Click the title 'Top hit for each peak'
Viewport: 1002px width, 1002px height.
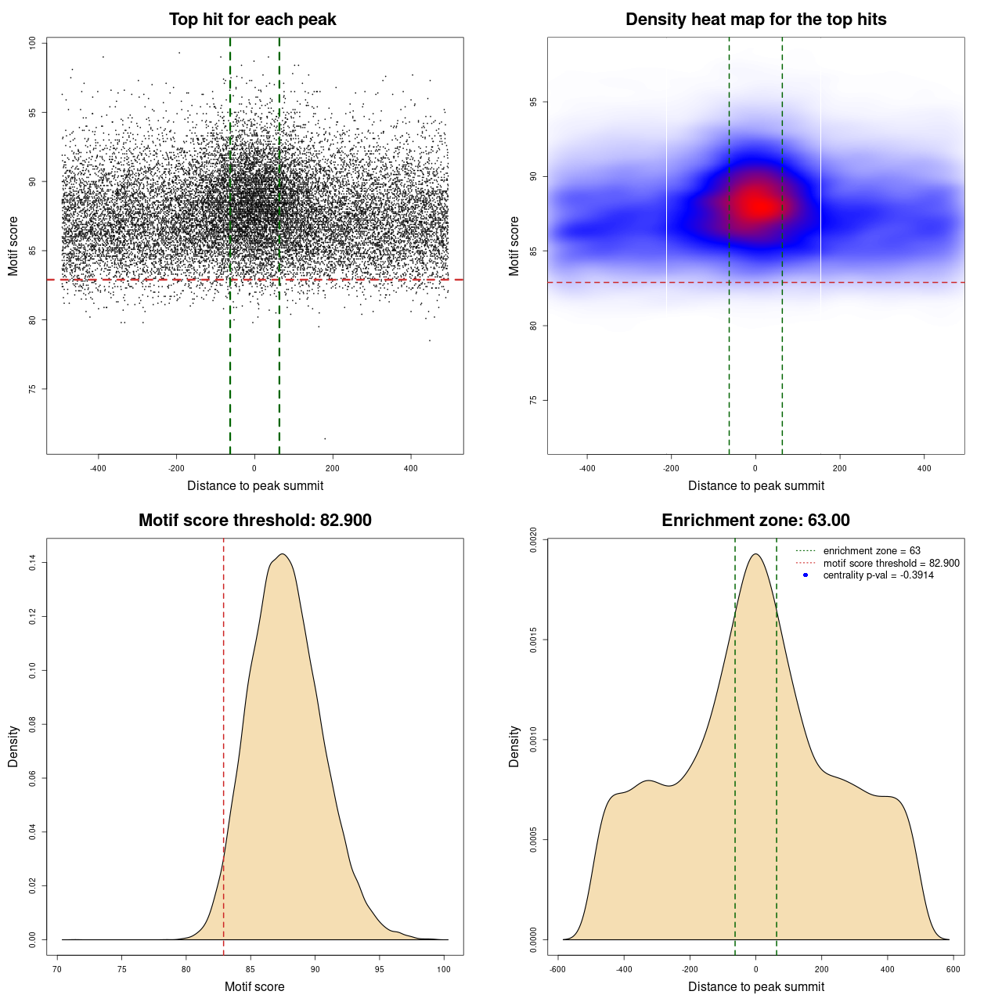(252, 20)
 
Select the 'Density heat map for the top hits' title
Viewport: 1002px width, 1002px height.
(755, 20)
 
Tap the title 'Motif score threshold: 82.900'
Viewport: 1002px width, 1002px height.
(254, 521)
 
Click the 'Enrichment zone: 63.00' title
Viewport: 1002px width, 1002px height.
(755, 521)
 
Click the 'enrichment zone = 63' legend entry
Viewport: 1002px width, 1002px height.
(871, 551)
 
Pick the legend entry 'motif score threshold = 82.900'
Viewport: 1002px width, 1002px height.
(891, 563)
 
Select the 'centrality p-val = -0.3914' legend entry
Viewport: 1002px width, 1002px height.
(878, 575)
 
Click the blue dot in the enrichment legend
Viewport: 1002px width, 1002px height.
(806, 575)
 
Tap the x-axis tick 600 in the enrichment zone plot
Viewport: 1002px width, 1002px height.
(953, 969)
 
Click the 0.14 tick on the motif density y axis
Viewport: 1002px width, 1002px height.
(32, 562)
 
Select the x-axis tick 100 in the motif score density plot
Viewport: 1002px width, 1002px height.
(444, 969)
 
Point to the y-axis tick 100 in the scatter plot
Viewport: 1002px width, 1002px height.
(32, 43)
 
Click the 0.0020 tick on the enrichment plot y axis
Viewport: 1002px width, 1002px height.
(533, 540)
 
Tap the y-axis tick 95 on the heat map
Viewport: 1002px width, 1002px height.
(533, 102)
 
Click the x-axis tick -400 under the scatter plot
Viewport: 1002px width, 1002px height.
(98, 468)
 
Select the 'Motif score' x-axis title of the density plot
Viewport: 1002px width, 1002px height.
(254, 986)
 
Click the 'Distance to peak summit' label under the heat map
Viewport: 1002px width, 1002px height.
(755, 485)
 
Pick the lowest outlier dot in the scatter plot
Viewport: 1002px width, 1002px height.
(325, 438)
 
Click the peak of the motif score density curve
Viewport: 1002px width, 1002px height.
(283, 554)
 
